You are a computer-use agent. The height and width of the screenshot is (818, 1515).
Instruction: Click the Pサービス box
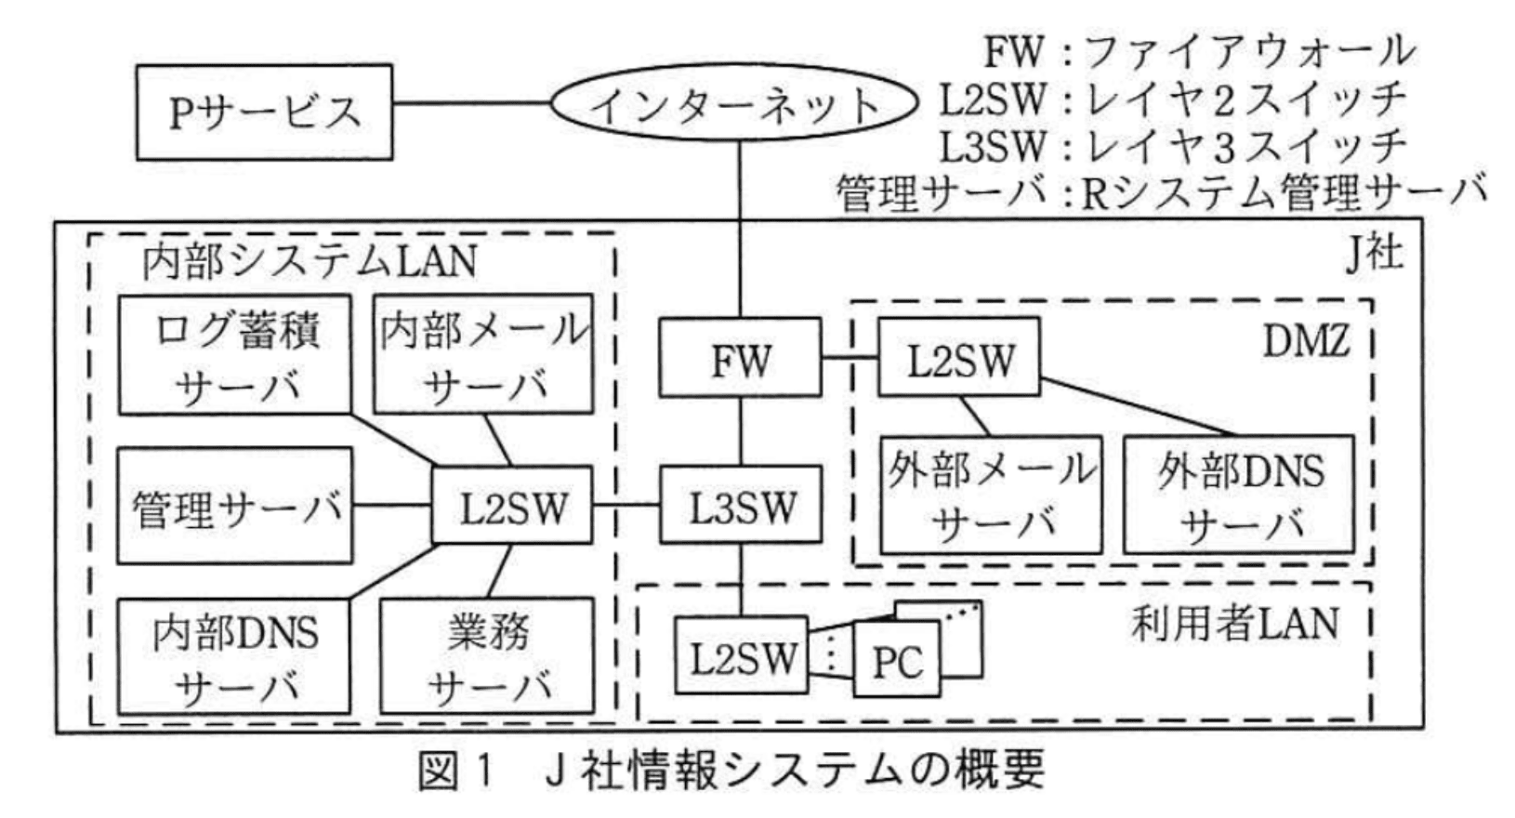coord(265,112)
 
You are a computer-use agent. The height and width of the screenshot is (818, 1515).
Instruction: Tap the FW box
coord(740,358)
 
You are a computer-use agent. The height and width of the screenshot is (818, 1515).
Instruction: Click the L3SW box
coord(741,507)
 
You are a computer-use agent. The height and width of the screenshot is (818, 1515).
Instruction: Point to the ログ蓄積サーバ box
coord(236,355)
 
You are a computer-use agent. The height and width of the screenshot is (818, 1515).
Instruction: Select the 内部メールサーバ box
coord(483,355)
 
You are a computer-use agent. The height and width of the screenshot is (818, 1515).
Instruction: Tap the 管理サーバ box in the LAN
coord(236,507)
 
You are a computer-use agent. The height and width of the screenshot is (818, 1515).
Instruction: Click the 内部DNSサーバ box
coord(236,657)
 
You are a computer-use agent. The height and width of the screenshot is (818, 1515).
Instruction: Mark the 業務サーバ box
coord(486,657)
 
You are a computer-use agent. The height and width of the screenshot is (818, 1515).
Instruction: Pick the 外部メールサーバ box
coord(991,495)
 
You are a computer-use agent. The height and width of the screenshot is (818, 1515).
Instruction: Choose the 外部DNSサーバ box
coord(1239,495)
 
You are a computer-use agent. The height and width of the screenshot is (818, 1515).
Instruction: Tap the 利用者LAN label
coord(1234,624)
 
